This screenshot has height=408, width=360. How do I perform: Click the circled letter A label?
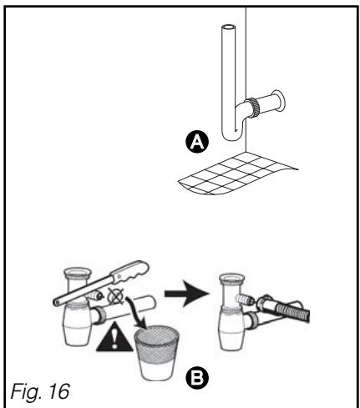pyautogui.click(x=197, y=142)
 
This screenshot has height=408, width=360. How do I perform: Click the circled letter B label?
pyautogui.click(x=197, y=378)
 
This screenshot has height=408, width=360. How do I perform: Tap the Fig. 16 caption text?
pyautogui.click(x=40, y=391)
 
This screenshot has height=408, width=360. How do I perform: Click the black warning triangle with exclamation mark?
pyautogui.click(x=114, y=337)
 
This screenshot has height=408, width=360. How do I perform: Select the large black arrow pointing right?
pyautogui.click(x=186, y=294)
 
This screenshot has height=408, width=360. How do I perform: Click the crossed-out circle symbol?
pyautogui.click(x=116, y=296)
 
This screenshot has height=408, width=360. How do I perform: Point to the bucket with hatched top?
pyautogui.click(x=157, y=353)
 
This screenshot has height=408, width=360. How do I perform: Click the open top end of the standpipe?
pyautogui.click(x=229, y=28)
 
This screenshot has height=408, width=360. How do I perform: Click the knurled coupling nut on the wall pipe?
pyautogui.click(x=255, y=108)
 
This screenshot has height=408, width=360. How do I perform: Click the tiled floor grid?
pyautogui.click(x=236, y=173)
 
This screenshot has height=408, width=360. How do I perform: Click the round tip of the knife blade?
pyautogui.click(x=57, y=302)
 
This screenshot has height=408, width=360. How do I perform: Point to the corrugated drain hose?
pyautogui.click(x=290, y=310)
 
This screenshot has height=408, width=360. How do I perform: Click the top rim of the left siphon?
pyautogui.click(x=78, y=272)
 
